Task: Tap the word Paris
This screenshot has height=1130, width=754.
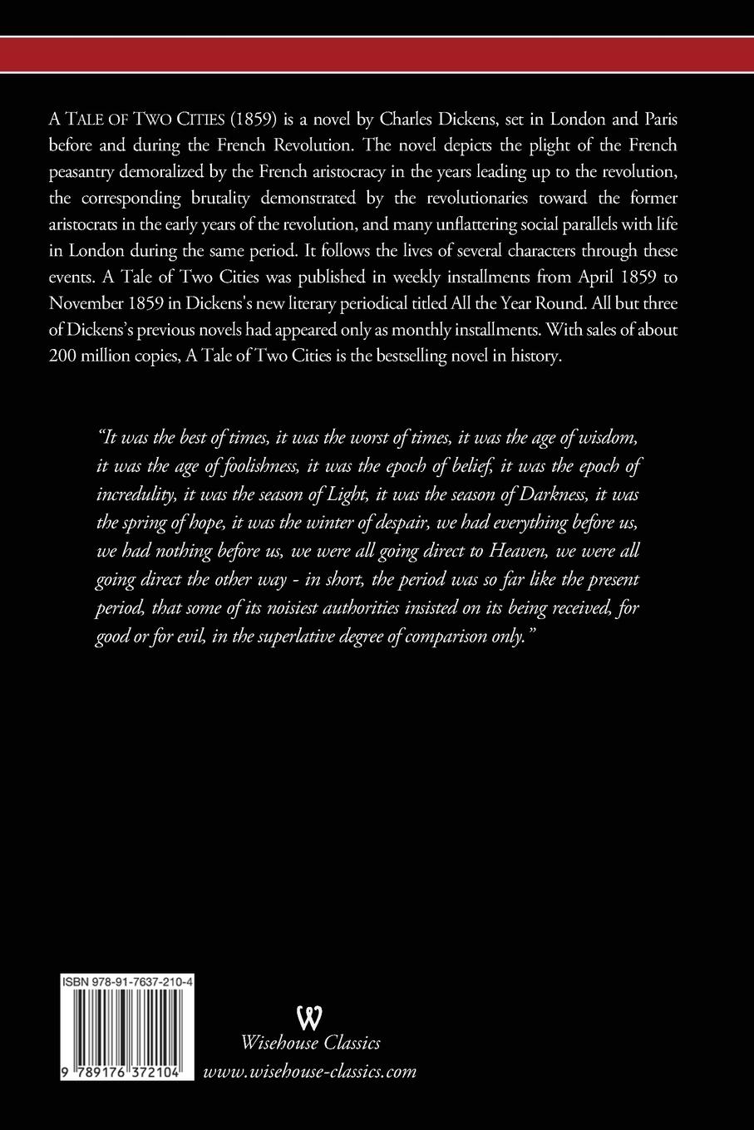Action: [660, 120]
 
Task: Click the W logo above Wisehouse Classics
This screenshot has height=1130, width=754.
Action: [309, 1016]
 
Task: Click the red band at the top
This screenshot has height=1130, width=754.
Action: [377, 55]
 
